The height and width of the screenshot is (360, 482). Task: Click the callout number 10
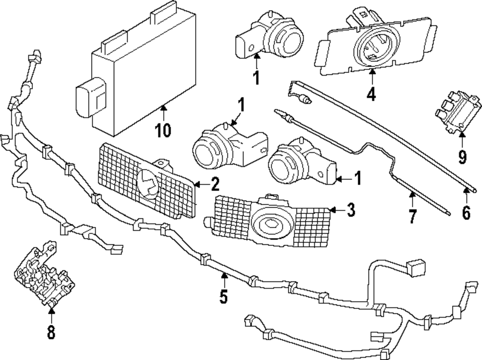(x=163, y=130)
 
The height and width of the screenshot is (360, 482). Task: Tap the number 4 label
(x=371, y=94)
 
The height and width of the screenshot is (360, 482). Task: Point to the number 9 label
(x=462, y=157)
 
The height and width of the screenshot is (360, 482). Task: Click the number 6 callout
(x=466, y=213)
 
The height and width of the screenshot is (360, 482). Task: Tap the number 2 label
(x=214, y=184)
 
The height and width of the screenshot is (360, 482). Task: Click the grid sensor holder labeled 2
(x=147, y=181)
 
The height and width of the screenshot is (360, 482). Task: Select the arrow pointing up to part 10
(x=163, y=112)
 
